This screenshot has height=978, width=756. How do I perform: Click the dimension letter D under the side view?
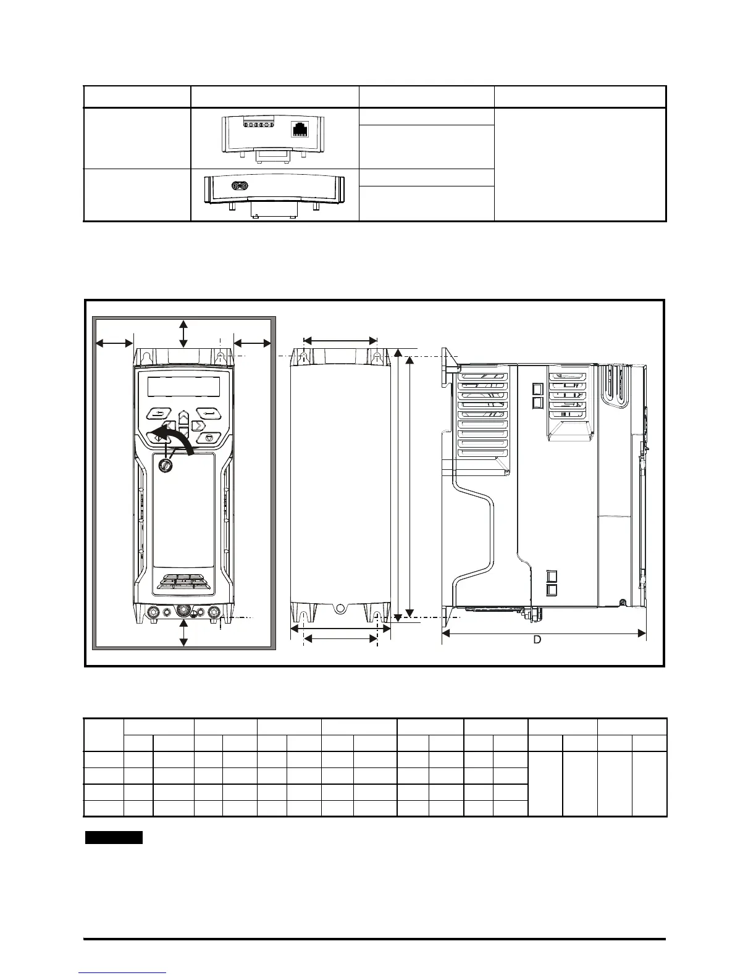(x=537, y=640)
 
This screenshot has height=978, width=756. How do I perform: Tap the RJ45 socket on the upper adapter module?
(x=301, y=130)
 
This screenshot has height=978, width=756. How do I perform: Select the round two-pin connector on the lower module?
(x=238, y=185)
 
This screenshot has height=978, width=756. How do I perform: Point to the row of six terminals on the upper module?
(x=259, y=125)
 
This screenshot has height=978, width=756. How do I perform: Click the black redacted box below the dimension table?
(x=114, y=838)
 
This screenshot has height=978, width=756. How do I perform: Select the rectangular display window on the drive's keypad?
(x=183, y=388)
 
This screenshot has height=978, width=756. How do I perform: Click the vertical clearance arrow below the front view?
(x=183, y=633)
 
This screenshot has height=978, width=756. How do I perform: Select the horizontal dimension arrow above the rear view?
(x=340, y=340)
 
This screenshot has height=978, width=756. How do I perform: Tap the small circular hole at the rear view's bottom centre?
(x=338, y=609)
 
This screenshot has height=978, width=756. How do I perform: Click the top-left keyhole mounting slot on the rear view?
(x=303, y=357)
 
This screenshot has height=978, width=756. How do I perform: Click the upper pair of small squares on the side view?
(x=537, y=396)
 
